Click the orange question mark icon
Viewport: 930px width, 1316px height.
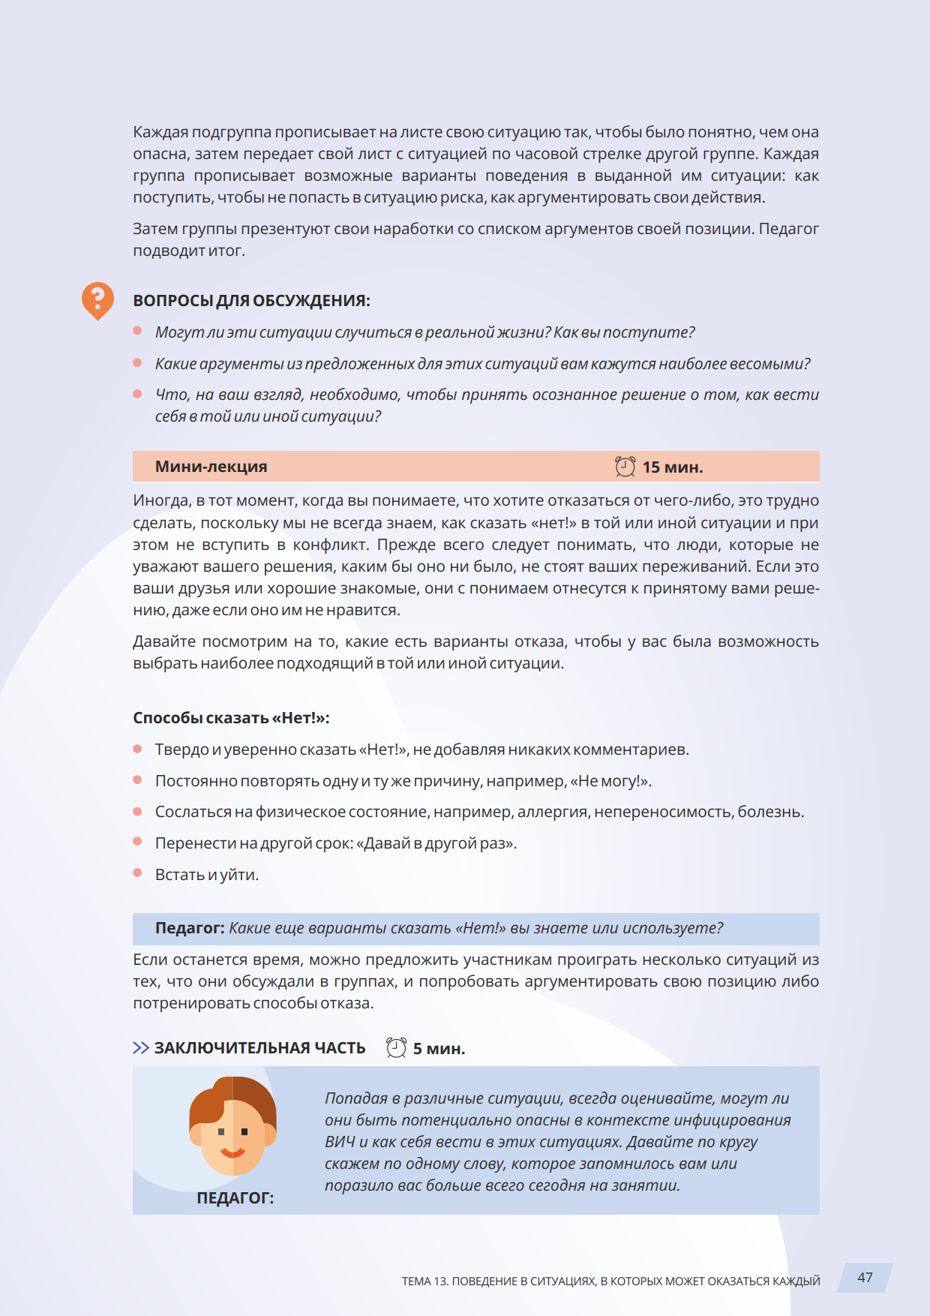[x=97, y=300]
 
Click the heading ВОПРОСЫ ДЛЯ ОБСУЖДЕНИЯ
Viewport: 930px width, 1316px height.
[x=251, y=301]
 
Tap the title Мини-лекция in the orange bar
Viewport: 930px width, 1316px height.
[x=211, y=467]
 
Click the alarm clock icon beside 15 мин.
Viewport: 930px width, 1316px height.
[x=625, y=467]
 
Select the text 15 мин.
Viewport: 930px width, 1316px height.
[x=672, y=467]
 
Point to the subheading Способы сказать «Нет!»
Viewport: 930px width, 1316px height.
[x=231, y=718]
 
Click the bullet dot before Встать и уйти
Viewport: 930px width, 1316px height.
[x=137, y=873]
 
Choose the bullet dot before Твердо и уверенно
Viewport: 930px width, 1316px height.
[x=137, y=748]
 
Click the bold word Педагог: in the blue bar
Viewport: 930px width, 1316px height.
[x=189, y=928]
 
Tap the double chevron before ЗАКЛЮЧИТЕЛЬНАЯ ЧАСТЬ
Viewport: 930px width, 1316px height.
[x=141, y=1047]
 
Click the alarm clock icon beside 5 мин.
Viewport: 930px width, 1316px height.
[x=396, y=1047]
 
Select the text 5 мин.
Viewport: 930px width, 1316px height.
[x=439, y=1049]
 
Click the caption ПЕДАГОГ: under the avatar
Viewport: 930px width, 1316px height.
[x=235, y=1198]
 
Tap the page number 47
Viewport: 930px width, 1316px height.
[x=865, y=1278]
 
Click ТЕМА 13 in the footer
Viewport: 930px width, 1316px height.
[x=424, y=1281]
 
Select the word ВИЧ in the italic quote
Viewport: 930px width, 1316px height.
[x=339, y=1142]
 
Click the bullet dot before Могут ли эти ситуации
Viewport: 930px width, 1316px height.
[x=137, y=331]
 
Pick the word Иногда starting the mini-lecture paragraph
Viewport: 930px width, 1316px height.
[x=160, y=500]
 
